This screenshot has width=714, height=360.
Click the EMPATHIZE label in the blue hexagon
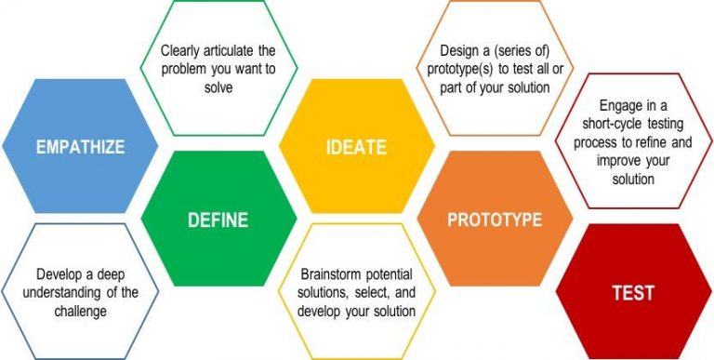tap(80, 147)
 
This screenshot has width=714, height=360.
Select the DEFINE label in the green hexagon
tap(218, 220)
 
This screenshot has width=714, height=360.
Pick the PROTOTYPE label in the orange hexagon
tap(495, 220)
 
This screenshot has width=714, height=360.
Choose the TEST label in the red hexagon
tap(632, 293)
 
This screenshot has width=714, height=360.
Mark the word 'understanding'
tap(70, 293)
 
